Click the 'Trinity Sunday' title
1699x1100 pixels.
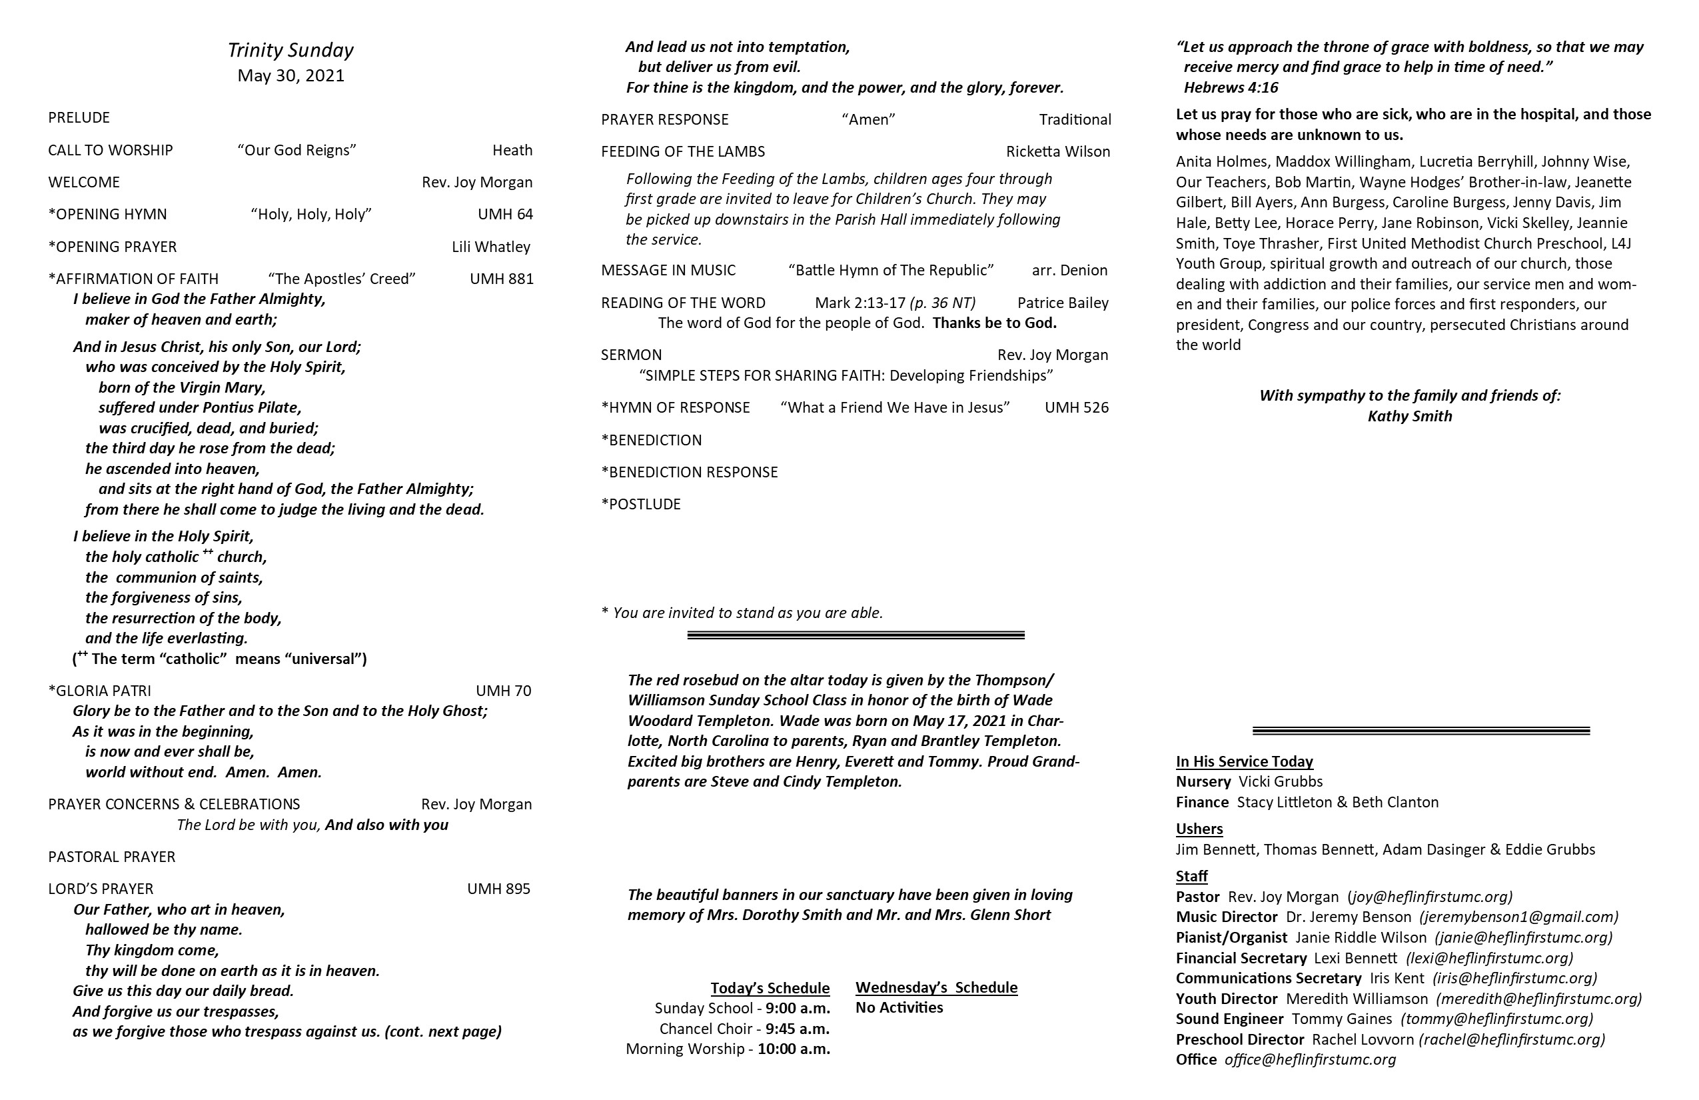pos(290,50)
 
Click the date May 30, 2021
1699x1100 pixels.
pos(290,76)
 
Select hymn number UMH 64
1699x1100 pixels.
pos(505,214)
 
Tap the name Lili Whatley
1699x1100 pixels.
pos(490,247)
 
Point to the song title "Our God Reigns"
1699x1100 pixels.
pos(297,150)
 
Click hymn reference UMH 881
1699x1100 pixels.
pos(501,279)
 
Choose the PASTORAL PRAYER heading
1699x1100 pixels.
pos(111,857)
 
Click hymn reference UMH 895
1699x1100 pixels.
pos(498,889)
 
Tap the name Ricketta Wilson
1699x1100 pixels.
pos(1058,151)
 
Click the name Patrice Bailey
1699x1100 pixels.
pos(1063,303)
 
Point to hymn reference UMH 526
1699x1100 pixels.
pos(1077,407)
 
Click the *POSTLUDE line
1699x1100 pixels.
pos(641,504)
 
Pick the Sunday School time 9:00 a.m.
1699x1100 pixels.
pos(798,1009)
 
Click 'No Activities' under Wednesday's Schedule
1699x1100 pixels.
pos(899,1007)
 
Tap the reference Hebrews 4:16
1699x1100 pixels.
pos(1231,88)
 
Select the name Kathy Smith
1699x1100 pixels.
pos(1409,416)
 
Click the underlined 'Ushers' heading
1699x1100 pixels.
pos(1199,829)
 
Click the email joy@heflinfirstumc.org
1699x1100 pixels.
pos(1430,897)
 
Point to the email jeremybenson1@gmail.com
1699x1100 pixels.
pos(1518,917)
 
